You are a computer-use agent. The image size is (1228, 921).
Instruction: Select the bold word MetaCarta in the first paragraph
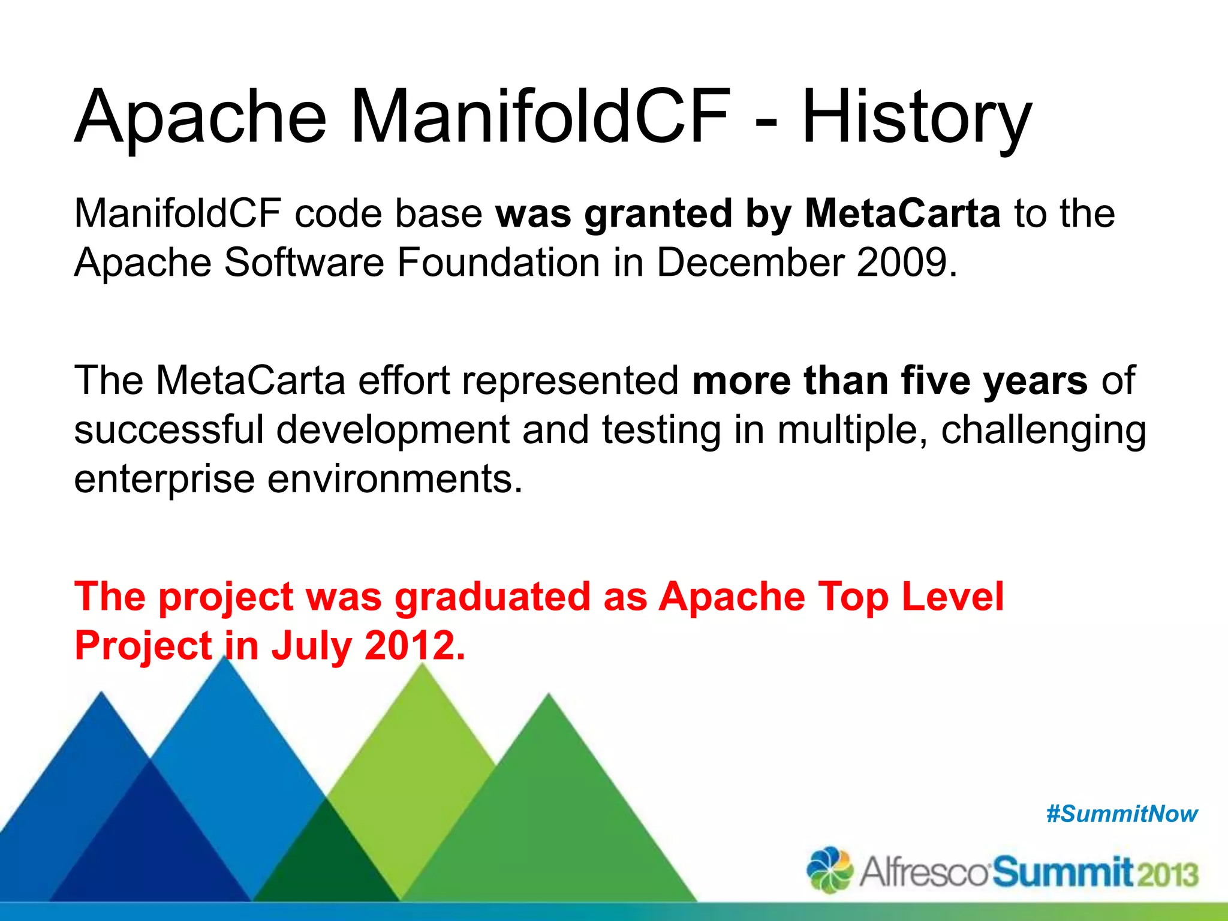click(x=902, y=214)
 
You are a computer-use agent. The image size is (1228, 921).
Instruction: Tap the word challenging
click(x=1043, y=431)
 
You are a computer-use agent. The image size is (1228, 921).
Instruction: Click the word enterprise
click(x=164, y=480)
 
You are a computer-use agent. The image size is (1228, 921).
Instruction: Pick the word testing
click(x=661, y=431)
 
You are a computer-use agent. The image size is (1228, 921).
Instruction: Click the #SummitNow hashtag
click(x=1122, y=814)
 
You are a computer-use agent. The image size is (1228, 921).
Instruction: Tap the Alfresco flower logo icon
click(x=830, y=870)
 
